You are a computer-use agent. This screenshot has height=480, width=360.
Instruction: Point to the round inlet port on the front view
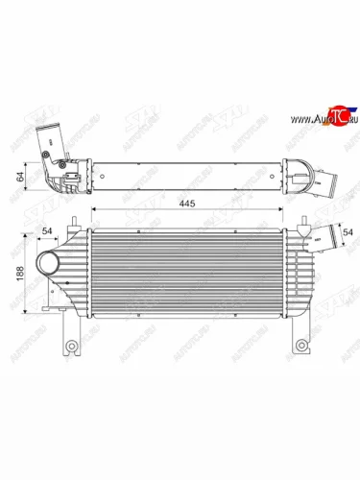(46, 264)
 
